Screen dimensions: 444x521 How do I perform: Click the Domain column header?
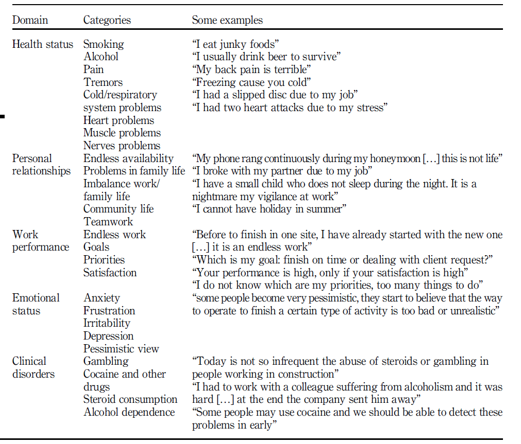[x=30, y=21]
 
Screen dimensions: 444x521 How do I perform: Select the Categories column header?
[x=107, y=21]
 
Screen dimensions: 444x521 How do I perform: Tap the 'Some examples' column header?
[x=227, y=21]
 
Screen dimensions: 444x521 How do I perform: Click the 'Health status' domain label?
[x=43, y=44]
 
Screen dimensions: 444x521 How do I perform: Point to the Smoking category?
[x=104, y=44]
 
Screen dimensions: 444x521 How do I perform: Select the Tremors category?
[x=103, y=82]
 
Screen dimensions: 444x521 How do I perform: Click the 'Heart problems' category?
[x=119, y=120]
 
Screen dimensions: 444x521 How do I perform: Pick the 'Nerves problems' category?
[x=122, y=146]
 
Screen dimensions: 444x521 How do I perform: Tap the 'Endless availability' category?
[x=128, y=158]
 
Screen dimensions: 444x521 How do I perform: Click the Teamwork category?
[x=108, y=222]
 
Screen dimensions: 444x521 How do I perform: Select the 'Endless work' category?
[x=114, y=235]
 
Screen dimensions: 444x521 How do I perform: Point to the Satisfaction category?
[x=110, y=273]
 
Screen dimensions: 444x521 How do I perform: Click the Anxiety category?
[x=102, y=298]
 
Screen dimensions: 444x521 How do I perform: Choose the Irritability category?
[x=107, y=323]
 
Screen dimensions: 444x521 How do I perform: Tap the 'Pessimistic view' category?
[x=121, y=349]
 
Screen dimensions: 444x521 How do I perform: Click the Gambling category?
[x=106, y=361]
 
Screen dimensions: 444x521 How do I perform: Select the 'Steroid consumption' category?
[x=130, y=399]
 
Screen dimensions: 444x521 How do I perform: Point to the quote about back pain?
[x=252, y=69]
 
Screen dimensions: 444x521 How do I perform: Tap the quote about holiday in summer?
[x=269, y=209]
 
